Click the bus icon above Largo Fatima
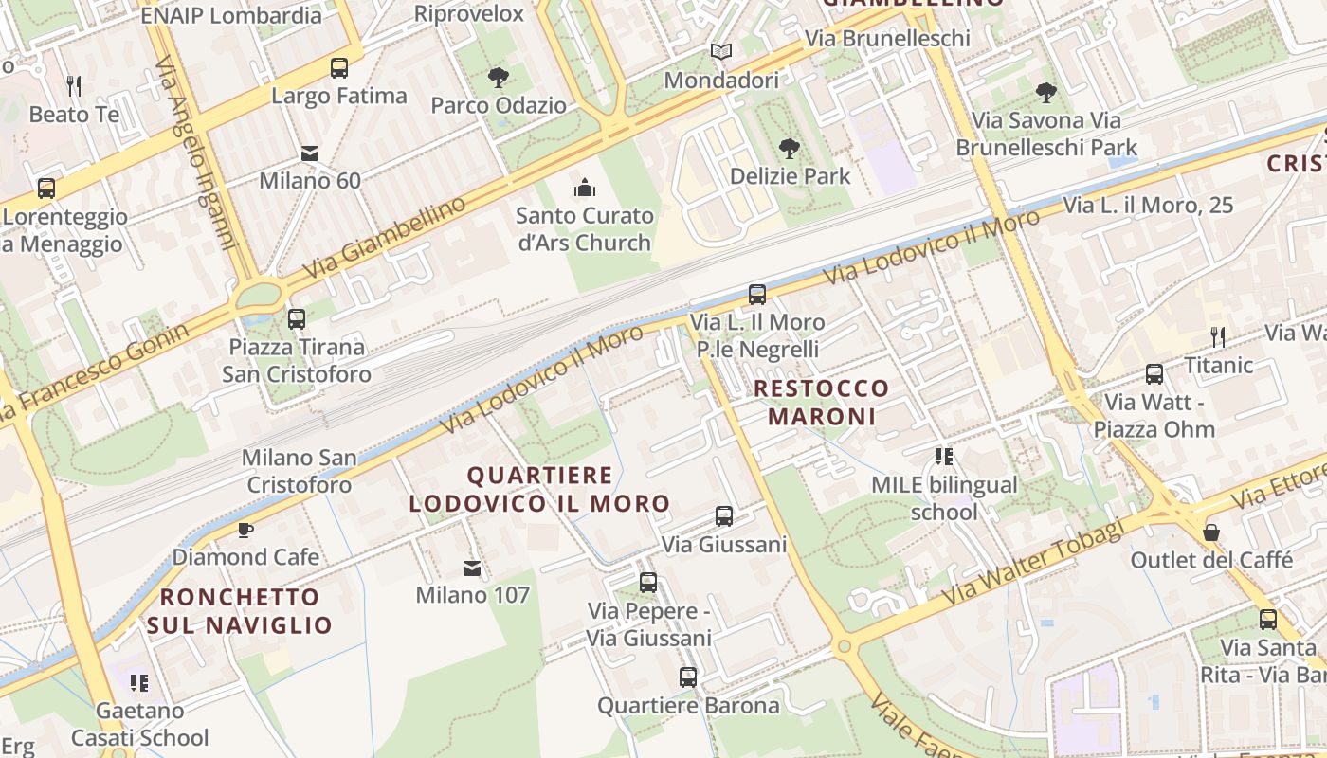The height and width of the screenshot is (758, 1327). click(338, 68)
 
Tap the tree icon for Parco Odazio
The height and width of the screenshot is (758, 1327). click(498, 78)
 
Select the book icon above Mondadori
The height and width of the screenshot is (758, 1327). click(721, 52)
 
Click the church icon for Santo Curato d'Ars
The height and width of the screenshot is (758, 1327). click(585, 188)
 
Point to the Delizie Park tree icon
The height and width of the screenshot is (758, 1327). click(789, 148)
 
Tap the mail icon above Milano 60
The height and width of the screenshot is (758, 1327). click(309, 153)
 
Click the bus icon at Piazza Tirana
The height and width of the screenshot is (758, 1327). click(297, 319)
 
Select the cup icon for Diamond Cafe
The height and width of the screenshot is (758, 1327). click(245, 530)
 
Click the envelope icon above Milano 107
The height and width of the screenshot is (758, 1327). click(471, 568)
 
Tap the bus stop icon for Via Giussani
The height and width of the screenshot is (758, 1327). click(724, 516)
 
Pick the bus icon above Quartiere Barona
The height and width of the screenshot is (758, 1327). click(688, 677)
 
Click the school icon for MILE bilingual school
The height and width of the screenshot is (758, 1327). click(943, 458)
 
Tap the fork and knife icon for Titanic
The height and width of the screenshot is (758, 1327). click(1218, 336)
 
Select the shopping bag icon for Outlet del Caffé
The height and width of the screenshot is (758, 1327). click(1211, 532)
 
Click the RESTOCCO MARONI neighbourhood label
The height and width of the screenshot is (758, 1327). click(822, 402)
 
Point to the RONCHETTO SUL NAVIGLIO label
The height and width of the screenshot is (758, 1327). click(239, 611)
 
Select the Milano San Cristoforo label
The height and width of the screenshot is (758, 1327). click(299, 471)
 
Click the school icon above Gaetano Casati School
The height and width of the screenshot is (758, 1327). click(140, 683)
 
